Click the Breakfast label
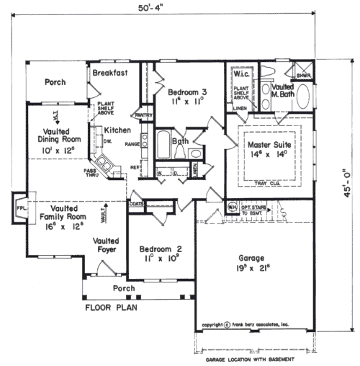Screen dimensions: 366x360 pyautogui.click(x=110, y=73)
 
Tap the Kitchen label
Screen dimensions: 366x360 pyautogui.click(x=117, y=130)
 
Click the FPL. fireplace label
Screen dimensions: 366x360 pyautogui.click(x=20, y=207)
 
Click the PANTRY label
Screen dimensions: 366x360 pyautogui.click(x=143, y=115)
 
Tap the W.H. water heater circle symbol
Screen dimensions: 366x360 pyautogui.click(x=233, y=205)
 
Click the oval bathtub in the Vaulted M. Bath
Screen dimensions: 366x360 pyautogui.click(x=303, y=98)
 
